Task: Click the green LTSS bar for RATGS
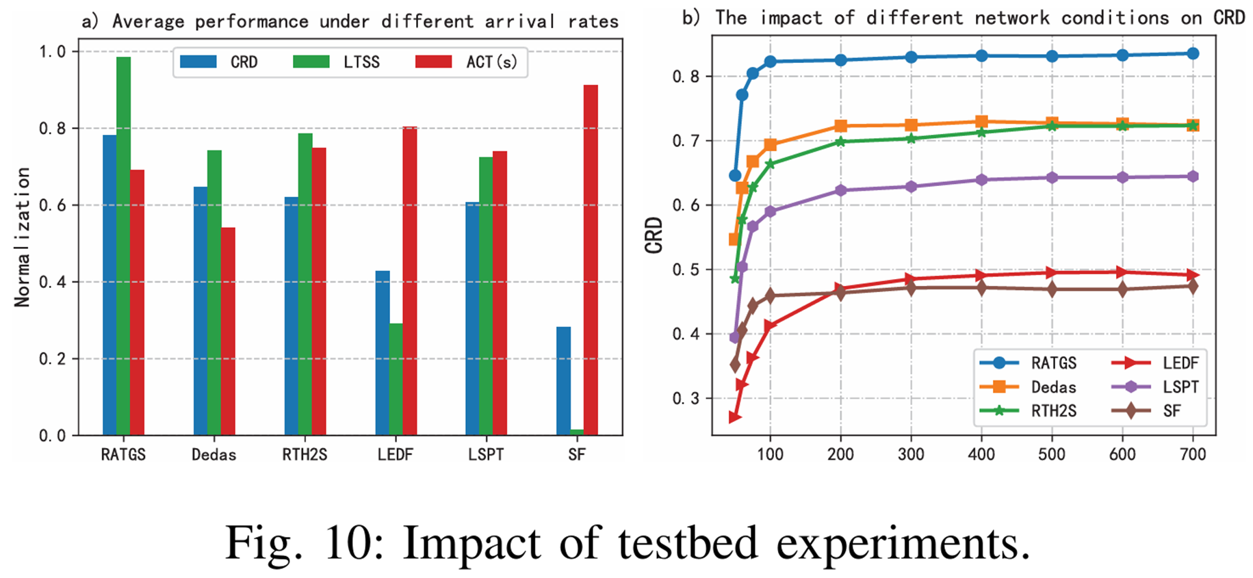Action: pos(123,246)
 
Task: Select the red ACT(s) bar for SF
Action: pos(591,260)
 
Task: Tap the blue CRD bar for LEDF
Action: pos(383,353)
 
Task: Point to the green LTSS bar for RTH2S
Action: pos(305,284)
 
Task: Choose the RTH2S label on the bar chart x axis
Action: pos(305,455)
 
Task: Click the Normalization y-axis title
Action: pos(23,237)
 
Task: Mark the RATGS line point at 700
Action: pos(1193,53)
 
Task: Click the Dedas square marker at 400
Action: pos(981,122)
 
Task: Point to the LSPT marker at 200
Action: pos(840,190)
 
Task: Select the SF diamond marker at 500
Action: pos(1052,289)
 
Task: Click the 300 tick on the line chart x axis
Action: pos(911,454)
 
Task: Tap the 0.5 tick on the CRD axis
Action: pos(686,270)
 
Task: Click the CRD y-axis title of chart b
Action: pos(654,235)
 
